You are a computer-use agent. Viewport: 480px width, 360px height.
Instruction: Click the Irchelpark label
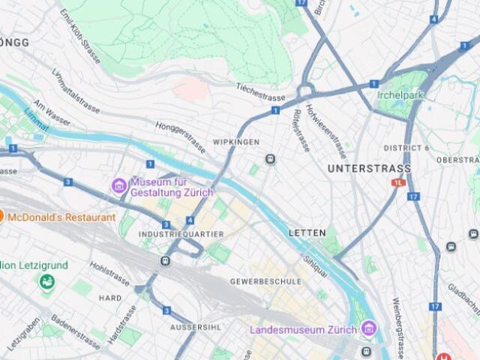point(400,96)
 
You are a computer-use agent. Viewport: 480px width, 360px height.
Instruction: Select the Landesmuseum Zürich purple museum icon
point(368,328)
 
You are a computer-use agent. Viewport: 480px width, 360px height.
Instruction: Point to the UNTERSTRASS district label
point(369,169)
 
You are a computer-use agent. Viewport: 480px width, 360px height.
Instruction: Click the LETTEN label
point(307,233)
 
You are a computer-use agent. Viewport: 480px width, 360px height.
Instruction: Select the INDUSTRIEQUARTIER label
point(181,234)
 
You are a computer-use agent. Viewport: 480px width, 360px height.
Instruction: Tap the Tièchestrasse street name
point(261,92)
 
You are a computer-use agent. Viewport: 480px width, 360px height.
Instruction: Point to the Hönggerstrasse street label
point(180,134)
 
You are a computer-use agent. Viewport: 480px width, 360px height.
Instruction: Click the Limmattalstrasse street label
point(75,91)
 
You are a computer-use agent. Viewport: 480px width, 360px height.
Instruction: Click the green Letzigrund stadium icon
point(46,282)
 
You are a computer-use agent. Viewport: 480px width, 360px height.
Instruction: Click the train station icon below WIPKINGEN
point(270,159)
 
